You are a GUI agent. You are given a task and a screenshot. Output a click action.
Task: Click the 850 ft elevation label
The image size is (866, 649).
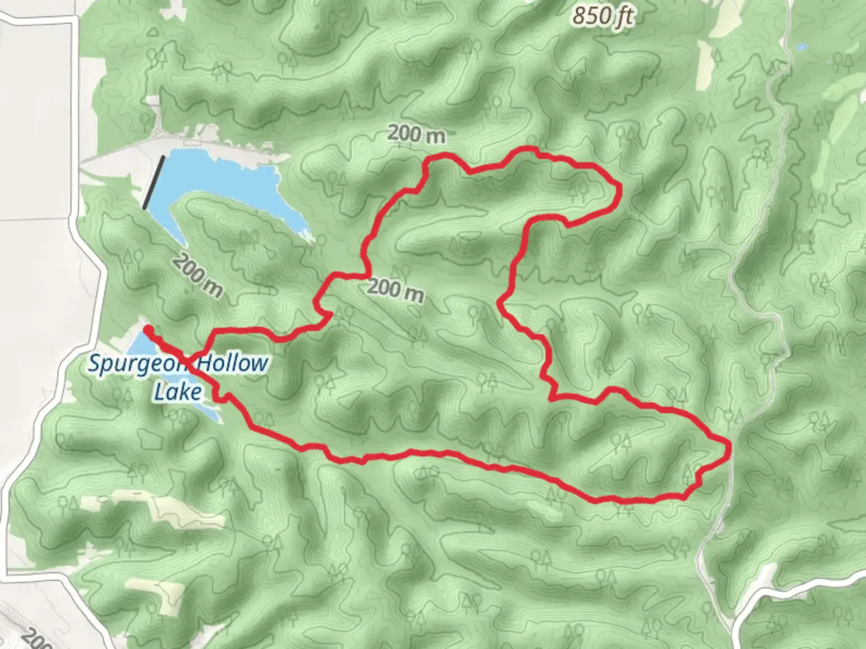603,16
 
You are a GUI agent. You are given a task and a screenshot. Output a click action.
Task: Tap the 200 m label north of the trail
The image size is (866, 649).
417,134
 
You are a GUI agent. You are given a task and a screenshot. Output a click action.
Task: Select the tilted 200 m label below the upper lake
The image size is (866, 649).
197,275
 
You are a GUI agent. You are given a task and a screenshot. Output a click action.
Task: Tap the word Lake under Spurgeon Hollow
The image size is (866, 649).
177,392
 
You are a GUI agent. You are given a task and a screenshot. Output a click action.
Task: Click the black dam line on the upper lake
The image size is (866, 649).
153,182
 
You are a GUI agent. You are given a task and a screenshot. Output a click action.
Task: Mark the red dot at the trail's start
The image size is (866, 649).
147,328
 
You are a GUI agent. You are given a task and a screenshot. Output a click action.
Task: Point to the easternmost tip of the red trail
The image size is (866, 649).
729,446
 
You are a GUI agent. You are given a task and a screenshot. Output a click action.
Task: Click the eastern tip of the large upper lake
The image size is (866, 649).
309,238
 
